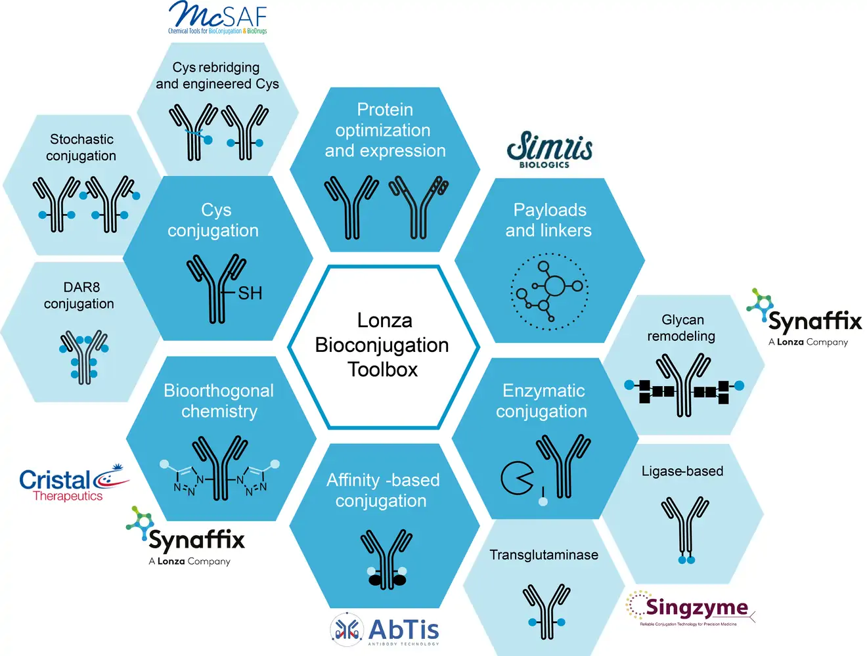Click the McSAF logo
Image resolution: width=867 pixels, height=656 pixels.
point(217,17)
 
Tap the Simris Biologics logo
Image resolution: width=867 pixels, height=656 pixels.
point(550,150)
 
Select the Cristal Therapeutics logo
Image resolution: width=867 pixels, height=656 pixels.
point(74,483)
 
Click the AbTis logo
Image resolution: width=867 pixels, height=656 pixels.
point(384,630)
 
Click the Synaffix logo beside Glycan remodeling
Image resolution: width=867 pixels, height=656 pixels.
point(804,318)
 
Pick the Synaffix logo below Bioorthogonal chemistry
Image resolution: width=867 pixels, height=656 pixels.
point(185,536)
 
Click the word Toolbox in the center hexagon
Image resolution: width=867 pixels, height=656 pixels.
point(382,370)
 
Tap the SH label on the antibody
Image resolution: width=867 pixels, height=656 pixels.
point(250,294)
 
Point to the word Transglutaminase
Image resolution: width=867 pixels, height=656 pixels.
point(544,555)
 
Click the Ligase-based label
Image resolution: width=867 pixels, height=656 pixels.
point(682,471)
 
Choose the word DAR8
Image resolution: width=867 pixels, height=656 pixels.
point(81,287)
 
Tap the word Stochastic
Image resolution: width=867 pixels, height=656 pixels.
point(81,139)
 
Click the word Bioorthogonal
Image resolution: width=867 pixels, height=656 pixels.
point(219,391)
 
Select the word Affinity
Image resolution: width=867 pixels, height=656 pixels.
point(353,481)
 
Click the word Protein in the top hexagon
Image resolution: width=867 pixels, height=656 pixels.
point(385,109)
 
